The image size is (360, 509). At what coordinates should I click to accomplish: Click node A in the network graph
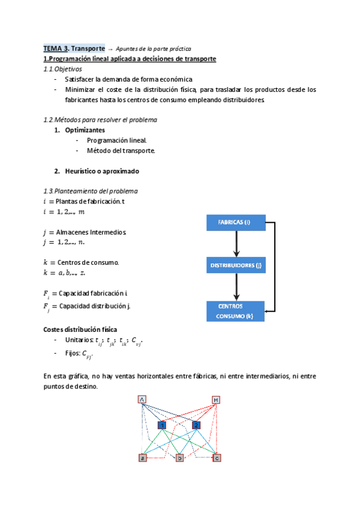coord(142,400)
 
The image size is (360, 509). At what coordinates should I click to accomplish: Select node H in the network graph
coord(216,400)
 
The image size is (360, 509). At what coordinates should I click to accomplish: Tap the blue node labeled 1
coord(162,425)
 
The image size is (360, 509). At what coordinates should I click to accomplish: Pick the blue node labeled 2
coord(196,425)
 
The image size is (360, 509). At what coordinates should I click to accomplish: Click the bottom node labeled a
coord(142,458)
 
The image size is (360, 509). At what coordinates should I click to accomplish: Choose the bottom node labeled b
coord(179,458)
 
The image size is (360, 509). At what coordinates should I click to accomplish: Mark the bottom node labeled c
coord(217,458)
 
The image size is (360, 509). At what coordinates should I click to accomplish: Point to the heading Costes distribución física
coord(80,330)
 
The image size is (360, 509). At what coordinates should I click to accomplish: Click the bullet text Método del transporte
coord(121,151)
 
